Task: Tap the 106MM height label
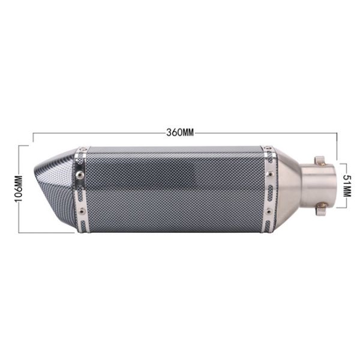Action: tap(18, 188)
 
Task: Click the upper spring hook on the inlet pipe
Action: tap(320, 160)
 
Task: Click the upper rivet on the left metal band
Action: tap(79, 175)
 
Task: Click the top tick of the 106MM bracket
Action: tap(24, 145)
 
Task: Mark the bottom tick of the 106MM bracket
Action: tap(24, 232)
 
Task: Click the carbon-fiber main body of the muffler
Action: tap(174, 189)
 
